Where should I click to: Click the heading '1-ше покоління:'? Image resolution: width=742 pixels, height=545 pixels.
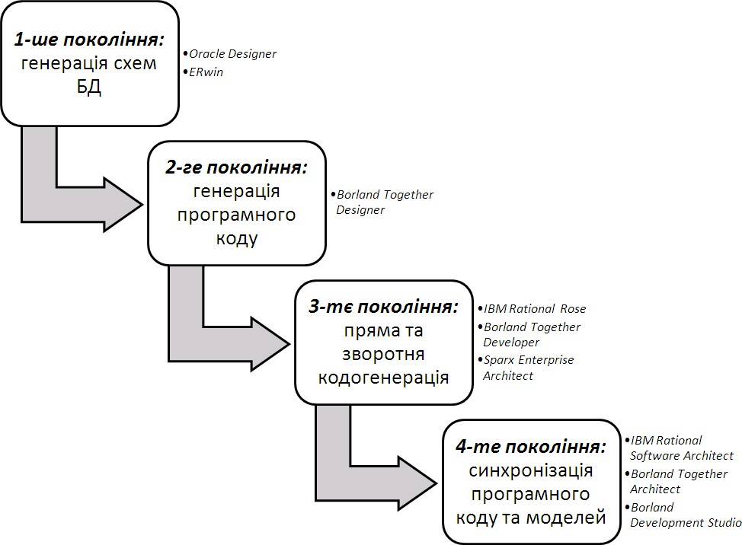(x=89, y=40)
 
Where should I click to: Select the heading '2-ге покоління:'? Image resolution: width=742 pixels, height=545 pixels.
(x=236, y=168)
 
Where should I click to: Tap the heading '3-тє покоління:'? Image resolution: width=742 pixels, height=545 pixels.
(x=384, y=308)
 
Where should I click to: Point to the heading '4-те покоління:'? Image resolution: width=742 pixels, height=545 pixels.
(x=532, y=446)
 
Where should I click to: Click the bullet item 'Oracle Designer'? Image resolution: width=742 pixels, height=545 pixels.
(x=232, y=54)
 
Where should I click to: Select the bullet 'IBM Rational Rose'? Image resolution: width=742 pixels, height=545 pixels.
(x=535, y=308)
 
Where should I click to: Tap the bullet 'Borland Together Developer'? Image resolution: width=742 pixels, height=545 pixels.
(x=531, y=334)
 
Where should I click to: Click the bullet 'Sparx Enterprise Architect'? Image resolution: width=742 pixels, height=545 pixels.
(x=528, y=367)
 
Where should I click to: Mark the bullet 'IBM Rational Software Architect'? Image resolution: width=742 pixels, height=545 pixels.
(x=681, y=448)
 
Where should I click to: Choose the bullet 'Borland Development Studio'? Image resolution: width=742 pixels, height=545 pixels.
(x=685, y=515)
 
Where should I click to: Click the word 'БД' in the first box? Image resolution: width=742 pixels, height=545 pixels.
(x=88, y=87)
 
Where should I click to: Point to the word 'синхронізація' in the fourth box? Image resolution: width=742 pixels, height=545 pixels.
(x=531, y=471)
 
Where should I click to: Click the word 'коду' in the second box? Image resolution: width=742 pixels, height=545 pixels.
(x=236, y=238)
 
